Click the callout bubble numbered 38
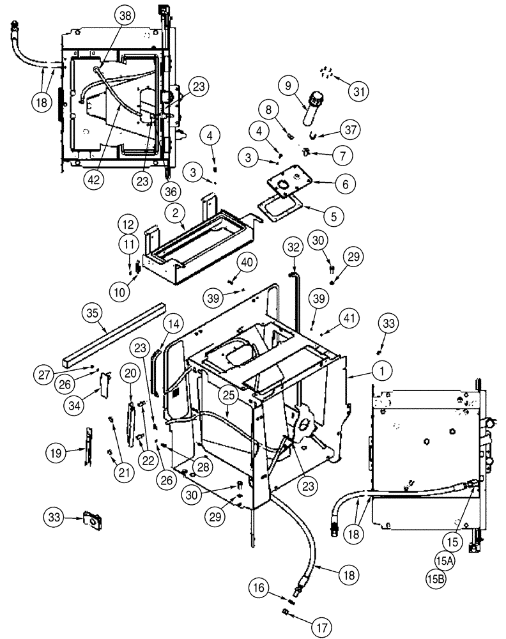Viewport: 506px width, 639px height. click(124, 17)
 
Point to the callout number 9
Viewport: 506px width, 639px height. click(287, 84)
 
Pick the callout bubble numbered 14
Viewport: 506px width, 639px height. click(172, 325)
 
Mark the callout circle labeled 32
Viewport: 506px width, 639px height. click(293, 247)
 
